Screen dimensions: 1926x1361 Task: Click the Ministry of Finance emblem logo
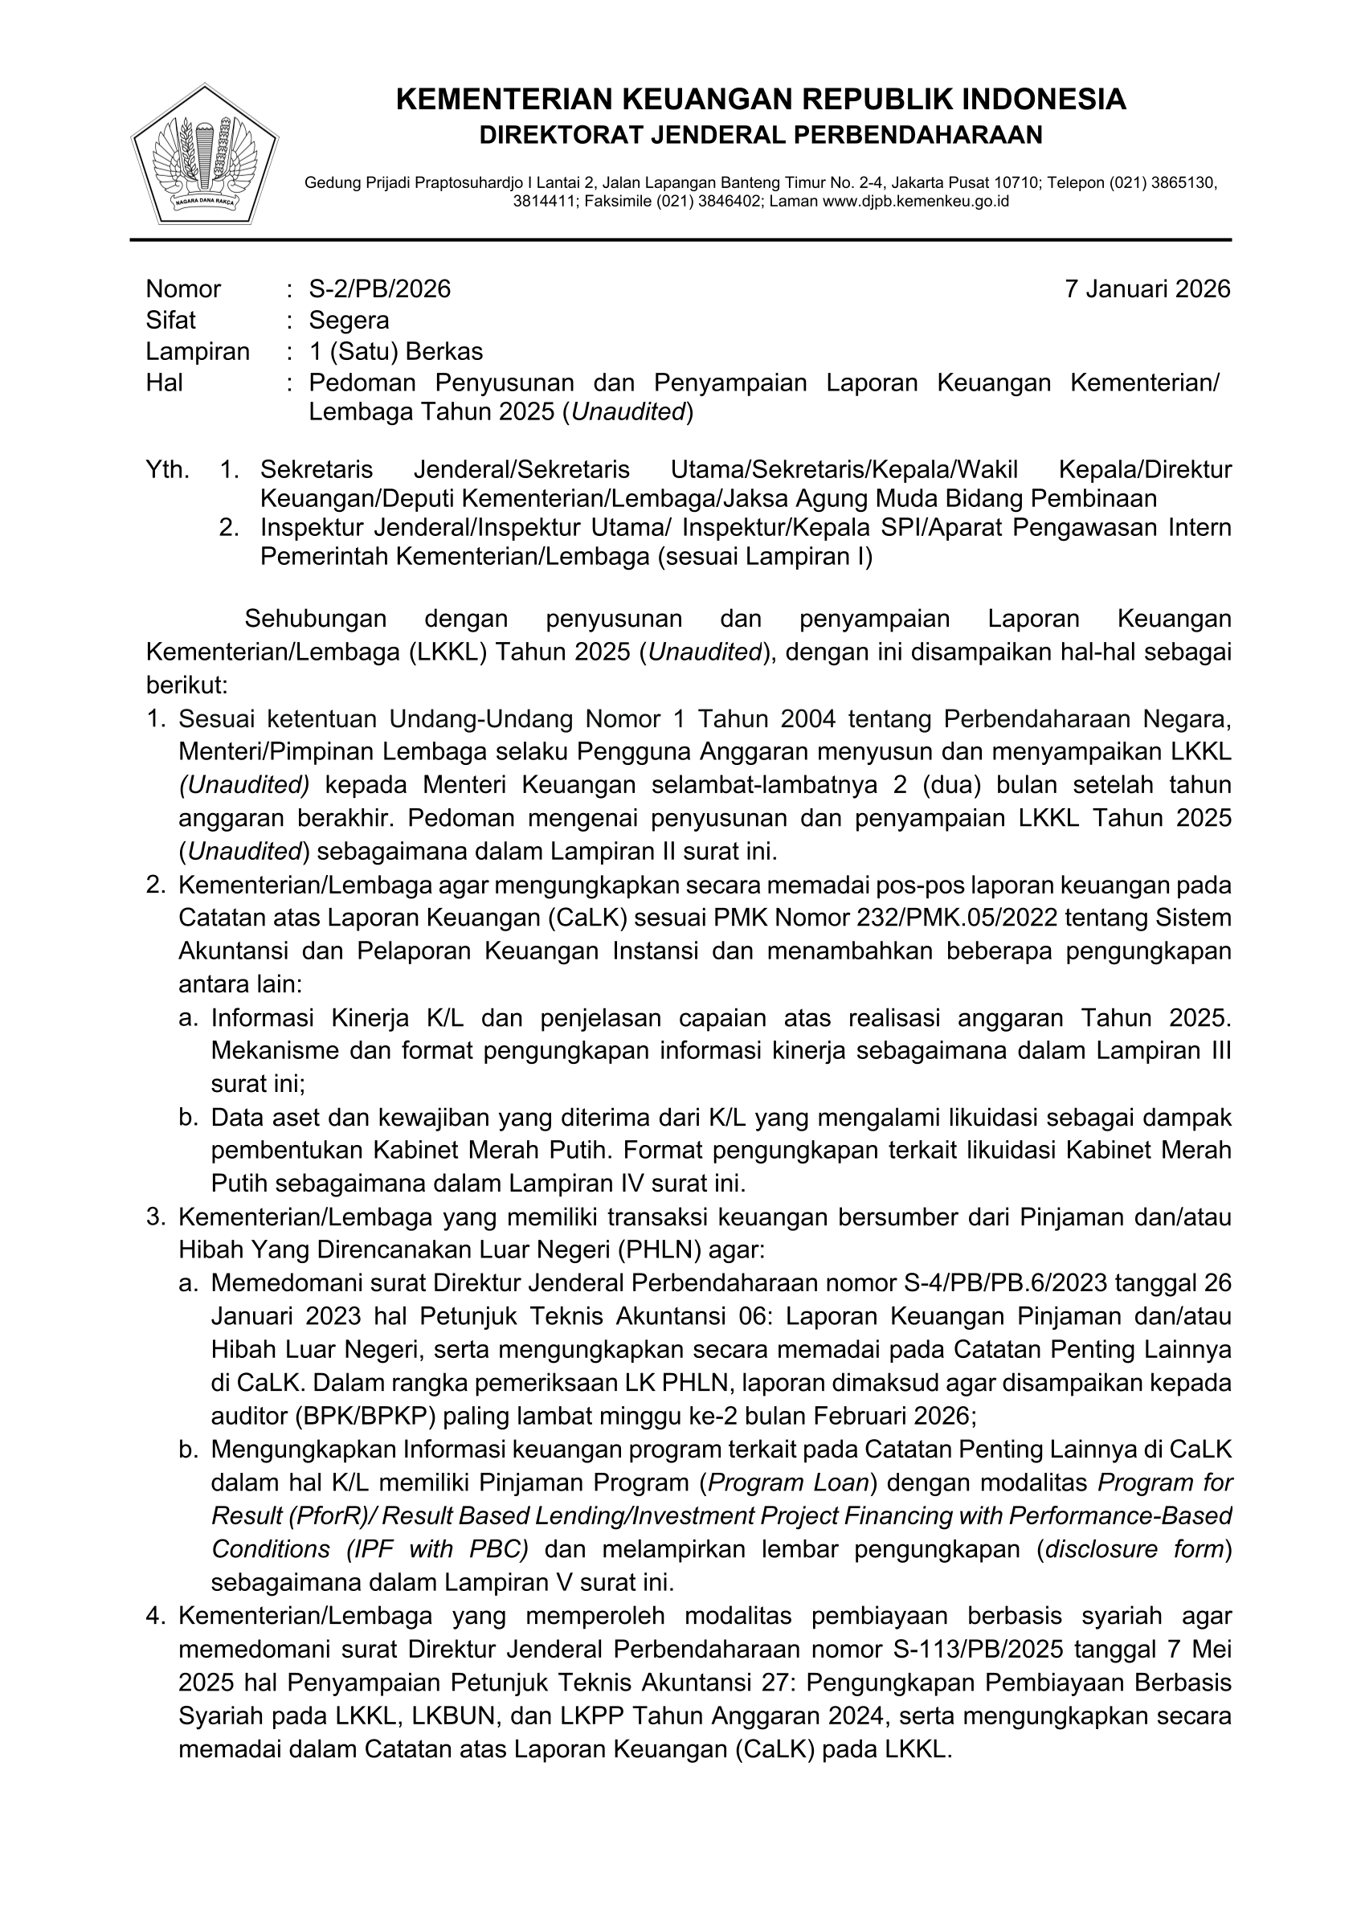tap(204, 153)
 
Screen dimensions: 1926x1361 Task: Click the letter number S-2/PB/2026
tap(379, 288)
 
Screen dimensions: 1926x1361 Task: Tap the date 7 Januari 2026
tap(1146, 288)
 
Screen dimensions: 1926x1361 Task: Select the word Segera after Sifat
tap(349, 320)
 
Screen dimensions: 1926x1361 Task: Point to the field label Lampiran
tap(198, 350)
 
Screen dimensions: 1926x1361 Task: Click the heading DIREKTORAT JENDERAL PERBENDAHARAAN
tap(761, 134)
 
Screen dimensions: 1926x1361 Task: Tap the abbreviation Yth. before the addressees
tap(168, 469)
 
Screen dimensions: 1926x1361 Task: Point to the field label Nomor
tap(183, 288)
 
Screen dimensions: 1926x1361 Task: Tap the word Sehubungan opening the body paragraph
tap(315, 618)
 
